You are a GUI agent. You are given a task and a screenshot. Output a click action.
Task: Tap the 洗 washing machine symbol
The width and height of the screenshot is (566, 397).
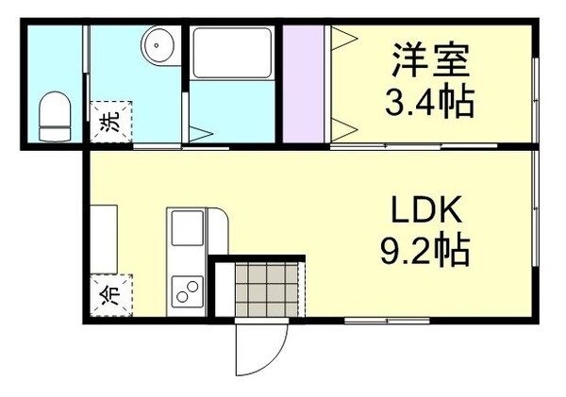click(x=109, y=121)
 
